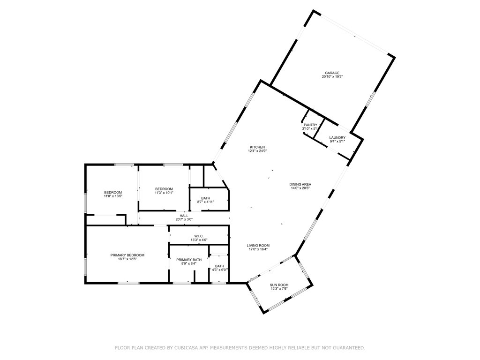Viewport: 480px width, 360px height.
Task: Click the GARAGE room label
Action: click(x=332, y=73)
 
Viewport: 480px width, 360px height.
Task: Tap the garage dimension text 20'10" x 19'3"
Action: click(x=332, y=77)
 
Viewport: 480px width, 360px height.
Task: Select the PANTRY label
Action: click(x=310, y=125)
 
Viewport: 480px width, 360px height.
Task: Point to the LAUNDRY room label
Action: click(x=337, y=137)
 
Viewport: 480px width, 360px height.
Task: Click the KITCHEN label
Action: click(x=257, y=147)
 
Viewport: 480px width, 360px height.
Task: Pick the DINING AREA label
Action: click(x=300, y=184)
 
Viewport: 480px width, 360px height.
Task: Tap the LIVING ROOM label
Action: click(x=258, y=245)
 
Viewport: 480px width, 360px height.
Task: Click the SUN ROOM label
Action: click(x=279, y=285)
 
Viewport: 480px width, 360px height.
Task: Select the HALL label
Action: click(x=184, y=216)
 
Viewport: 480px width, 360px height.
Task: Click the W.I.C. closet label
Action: click(x=199, y=236)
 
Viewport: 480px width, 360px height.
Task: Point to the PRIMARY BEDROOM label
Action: click(x=127, y=255)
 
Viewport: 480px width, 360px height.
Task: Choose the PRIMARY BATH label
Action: click(x=189, y=260)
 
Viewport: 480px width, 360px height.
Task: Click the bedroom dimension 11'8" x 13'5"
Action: click(x=113, y=196)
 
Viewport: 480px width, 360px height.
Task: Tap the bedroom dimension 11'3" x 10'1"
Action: click(x=164, y=193)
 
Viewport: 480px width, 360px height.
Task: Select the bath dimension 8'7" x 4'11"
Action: click(x=206, y=202)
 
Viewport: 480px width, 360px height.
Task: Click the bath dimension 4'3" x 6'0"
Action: click(x=220, y=270)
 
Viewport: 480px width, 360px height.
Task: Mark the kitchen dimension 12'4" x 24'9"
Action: click(x=257, y=151)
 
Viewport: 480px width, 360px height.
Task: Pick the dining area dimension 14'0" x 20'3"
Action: click(x=300, y=188)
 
